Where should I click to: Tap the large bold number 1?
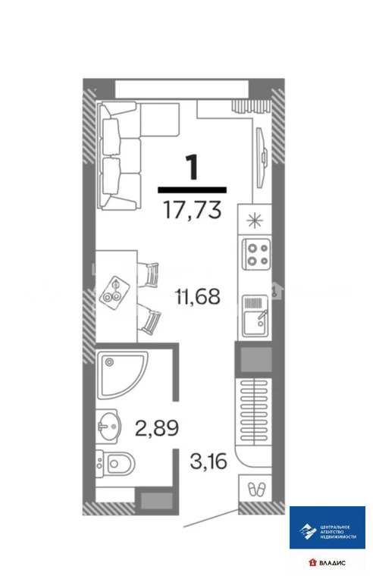pos(193,165)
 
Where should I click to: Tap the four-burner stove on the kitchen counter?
pos(257,254)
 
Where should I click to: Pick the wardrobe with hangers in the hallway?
pos(255,410)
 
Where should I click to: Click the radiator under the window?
pos(248,106)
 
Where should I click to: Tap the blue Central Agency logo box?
pos(328,527)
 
